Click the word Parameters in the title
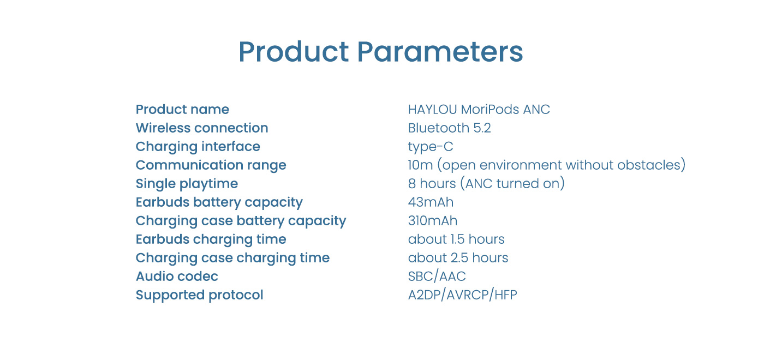click(x=440, y=52)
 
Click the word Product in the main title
click(x=294, y=52)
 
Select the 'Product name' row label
click(x=182, y=110)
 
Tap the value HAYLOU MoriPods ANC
click(x=479, y=110)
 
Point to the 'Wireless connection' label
click(x=202, y=128)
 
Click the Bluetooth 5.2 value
click(x=450, y=128)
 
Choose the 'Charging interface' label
click(x=198, y=147)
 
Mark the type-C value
click(x=431, y=147)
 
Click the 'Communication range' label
click(x=211, y=165)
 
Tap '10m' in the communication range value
click(x=421, y=165)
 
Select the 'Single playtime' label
click(x=187, y=184)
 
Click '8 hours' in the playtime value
click(x=432, y=183)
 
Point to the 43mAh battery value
click(x=431, y=202)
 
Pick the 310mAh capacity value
click(x=432, y=220)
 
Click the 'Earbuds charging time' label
click(x=211, y=239)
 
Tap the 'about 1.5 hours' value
click(x=456, y=239)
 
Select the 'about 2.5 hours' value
click(x=458, y=257)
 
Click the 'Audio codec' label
click(x=177, y=277)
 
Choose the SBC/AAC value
click(x=437, y=277)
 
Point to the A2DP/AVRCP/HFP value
click(x=463, y=295)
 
